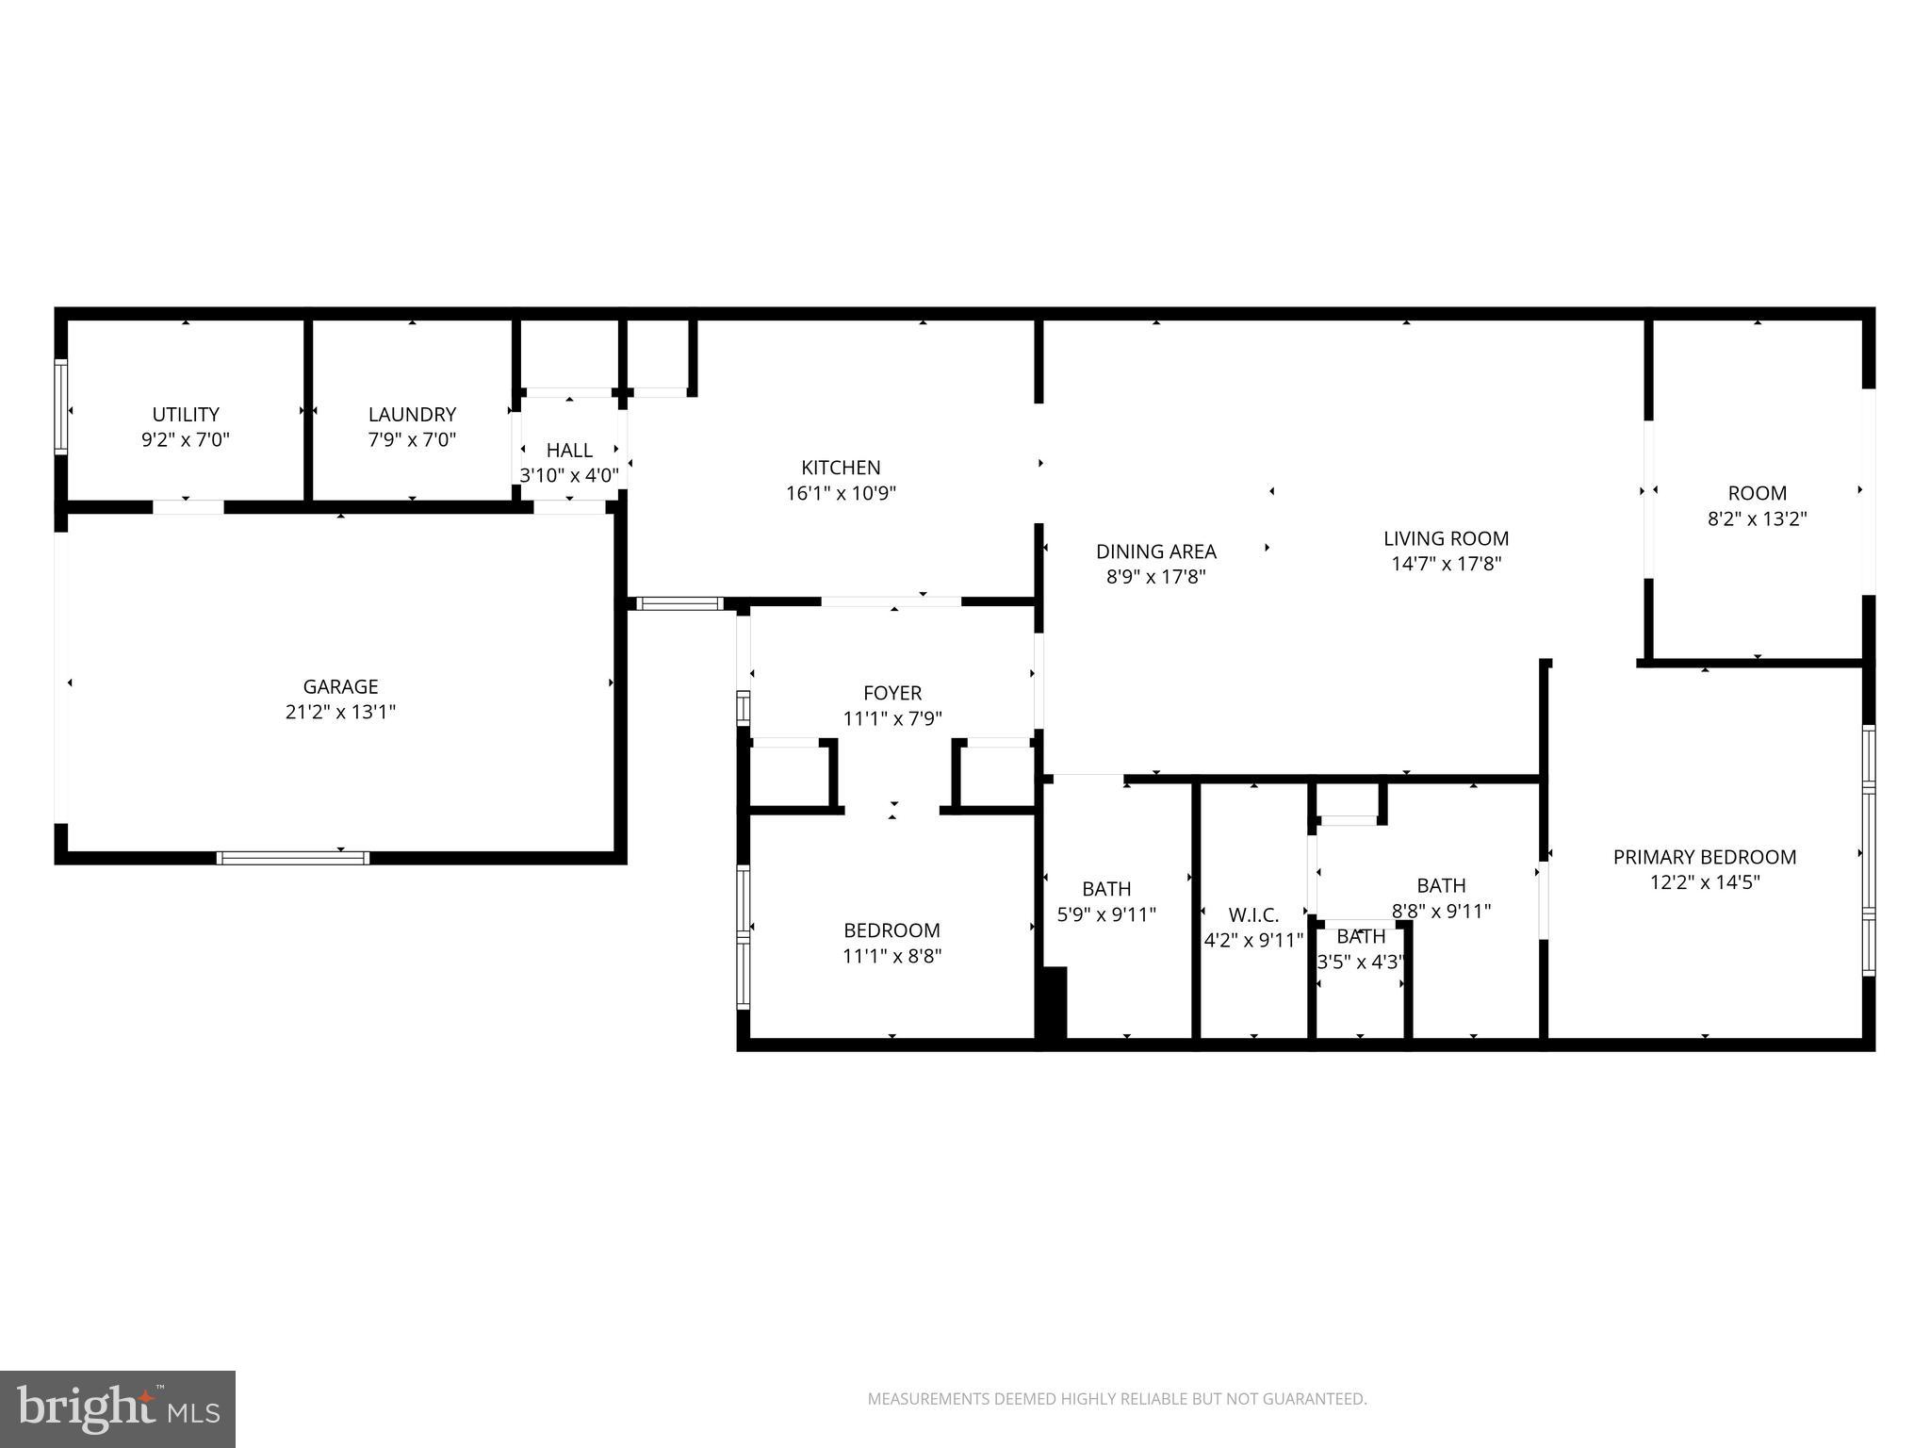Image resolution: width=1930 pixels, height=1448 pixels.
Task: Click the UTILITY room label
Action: click(186, 415)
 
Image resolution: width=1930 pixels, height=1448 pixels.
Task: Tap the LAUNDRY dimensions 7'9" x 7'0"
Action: click(412, 440)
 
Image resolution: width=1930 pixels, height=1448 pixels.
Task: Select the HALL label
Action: click(569, 451)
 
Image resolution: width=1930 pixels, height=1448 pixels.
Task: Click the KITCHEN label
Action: click(841, 468)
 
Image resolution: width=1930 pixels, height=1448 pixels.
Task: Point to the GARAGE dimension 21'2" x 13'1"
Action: click(340, 712)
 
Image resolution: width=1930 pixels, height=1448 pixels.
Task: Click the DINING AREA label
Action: click(1155, 551)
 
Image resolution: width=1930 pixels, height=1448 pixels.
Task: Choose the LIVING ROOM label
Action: click(1446, 538)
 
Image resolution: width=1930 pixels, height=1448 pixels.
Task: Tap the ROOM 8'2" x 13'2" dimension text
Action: click(1757, 518)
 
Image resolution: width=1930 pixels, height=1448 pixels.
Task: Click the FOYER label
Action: click(891, 693)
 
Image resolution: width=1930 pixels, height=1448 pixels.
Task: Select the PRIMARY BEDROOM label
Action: click(1704, 857)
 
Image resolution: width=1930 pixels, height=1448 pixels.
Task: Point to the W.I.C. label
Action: click(1253, 915)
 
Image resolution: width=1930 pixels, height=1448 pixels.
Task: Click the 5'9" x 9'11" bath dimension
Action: click(1106, 914)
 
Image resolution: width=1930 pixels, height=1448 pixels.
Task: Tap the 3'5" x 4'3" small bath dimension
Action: click(1360, 963)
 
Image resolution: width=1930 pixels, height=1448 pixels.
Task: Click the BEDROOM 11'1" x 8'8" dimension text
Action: click(891, 956)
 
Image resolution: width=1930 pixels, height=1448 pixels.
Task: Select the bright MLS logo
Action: click(118, 1408)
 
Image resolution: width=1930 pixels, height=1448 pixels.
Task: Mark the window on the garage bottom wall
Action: click(292, 858)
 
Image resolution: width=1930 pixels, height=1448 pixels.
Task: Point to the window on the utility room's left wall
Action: click(61, 406)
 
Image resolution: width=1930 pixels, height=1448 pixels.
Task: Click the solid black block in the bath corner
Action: click(1053, 1003)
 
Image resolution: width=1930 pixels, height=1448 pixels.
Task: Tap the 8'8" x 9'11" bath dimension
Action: click(1441, 912)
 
